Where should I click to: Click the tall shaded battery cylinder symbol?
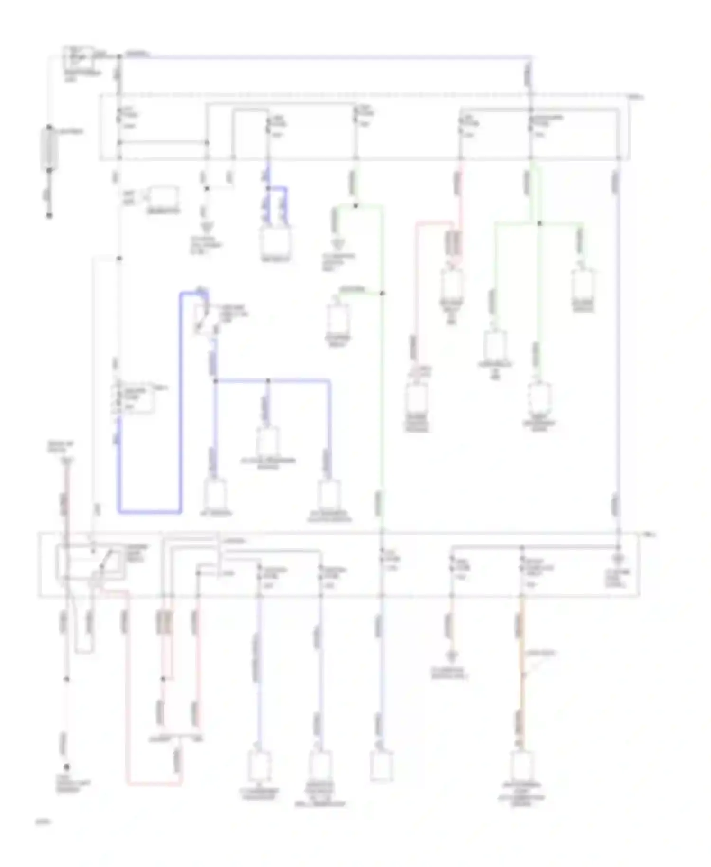tap(49, 148)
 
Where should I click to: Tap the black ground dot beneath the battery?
tap(49, 216)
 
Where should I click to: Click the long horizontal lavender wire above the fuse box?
tap(327, 57)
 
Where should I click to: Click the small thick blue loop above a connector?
tap(276, 204)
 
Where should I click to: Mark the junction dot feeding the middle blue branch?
tap(268, 380)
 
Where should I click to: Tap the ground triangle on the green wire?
tap(338, 244)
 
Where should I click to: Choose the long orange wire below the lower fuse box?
tap(522, 664)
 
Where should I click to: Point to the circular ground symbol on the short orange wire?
tap(452, 657)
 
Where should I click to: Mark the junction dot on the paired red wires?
tap(163, 679)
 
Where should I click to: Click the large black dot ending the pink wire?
tap(66, 767)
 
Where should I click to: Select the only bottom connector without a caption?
tap(381, 765)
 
